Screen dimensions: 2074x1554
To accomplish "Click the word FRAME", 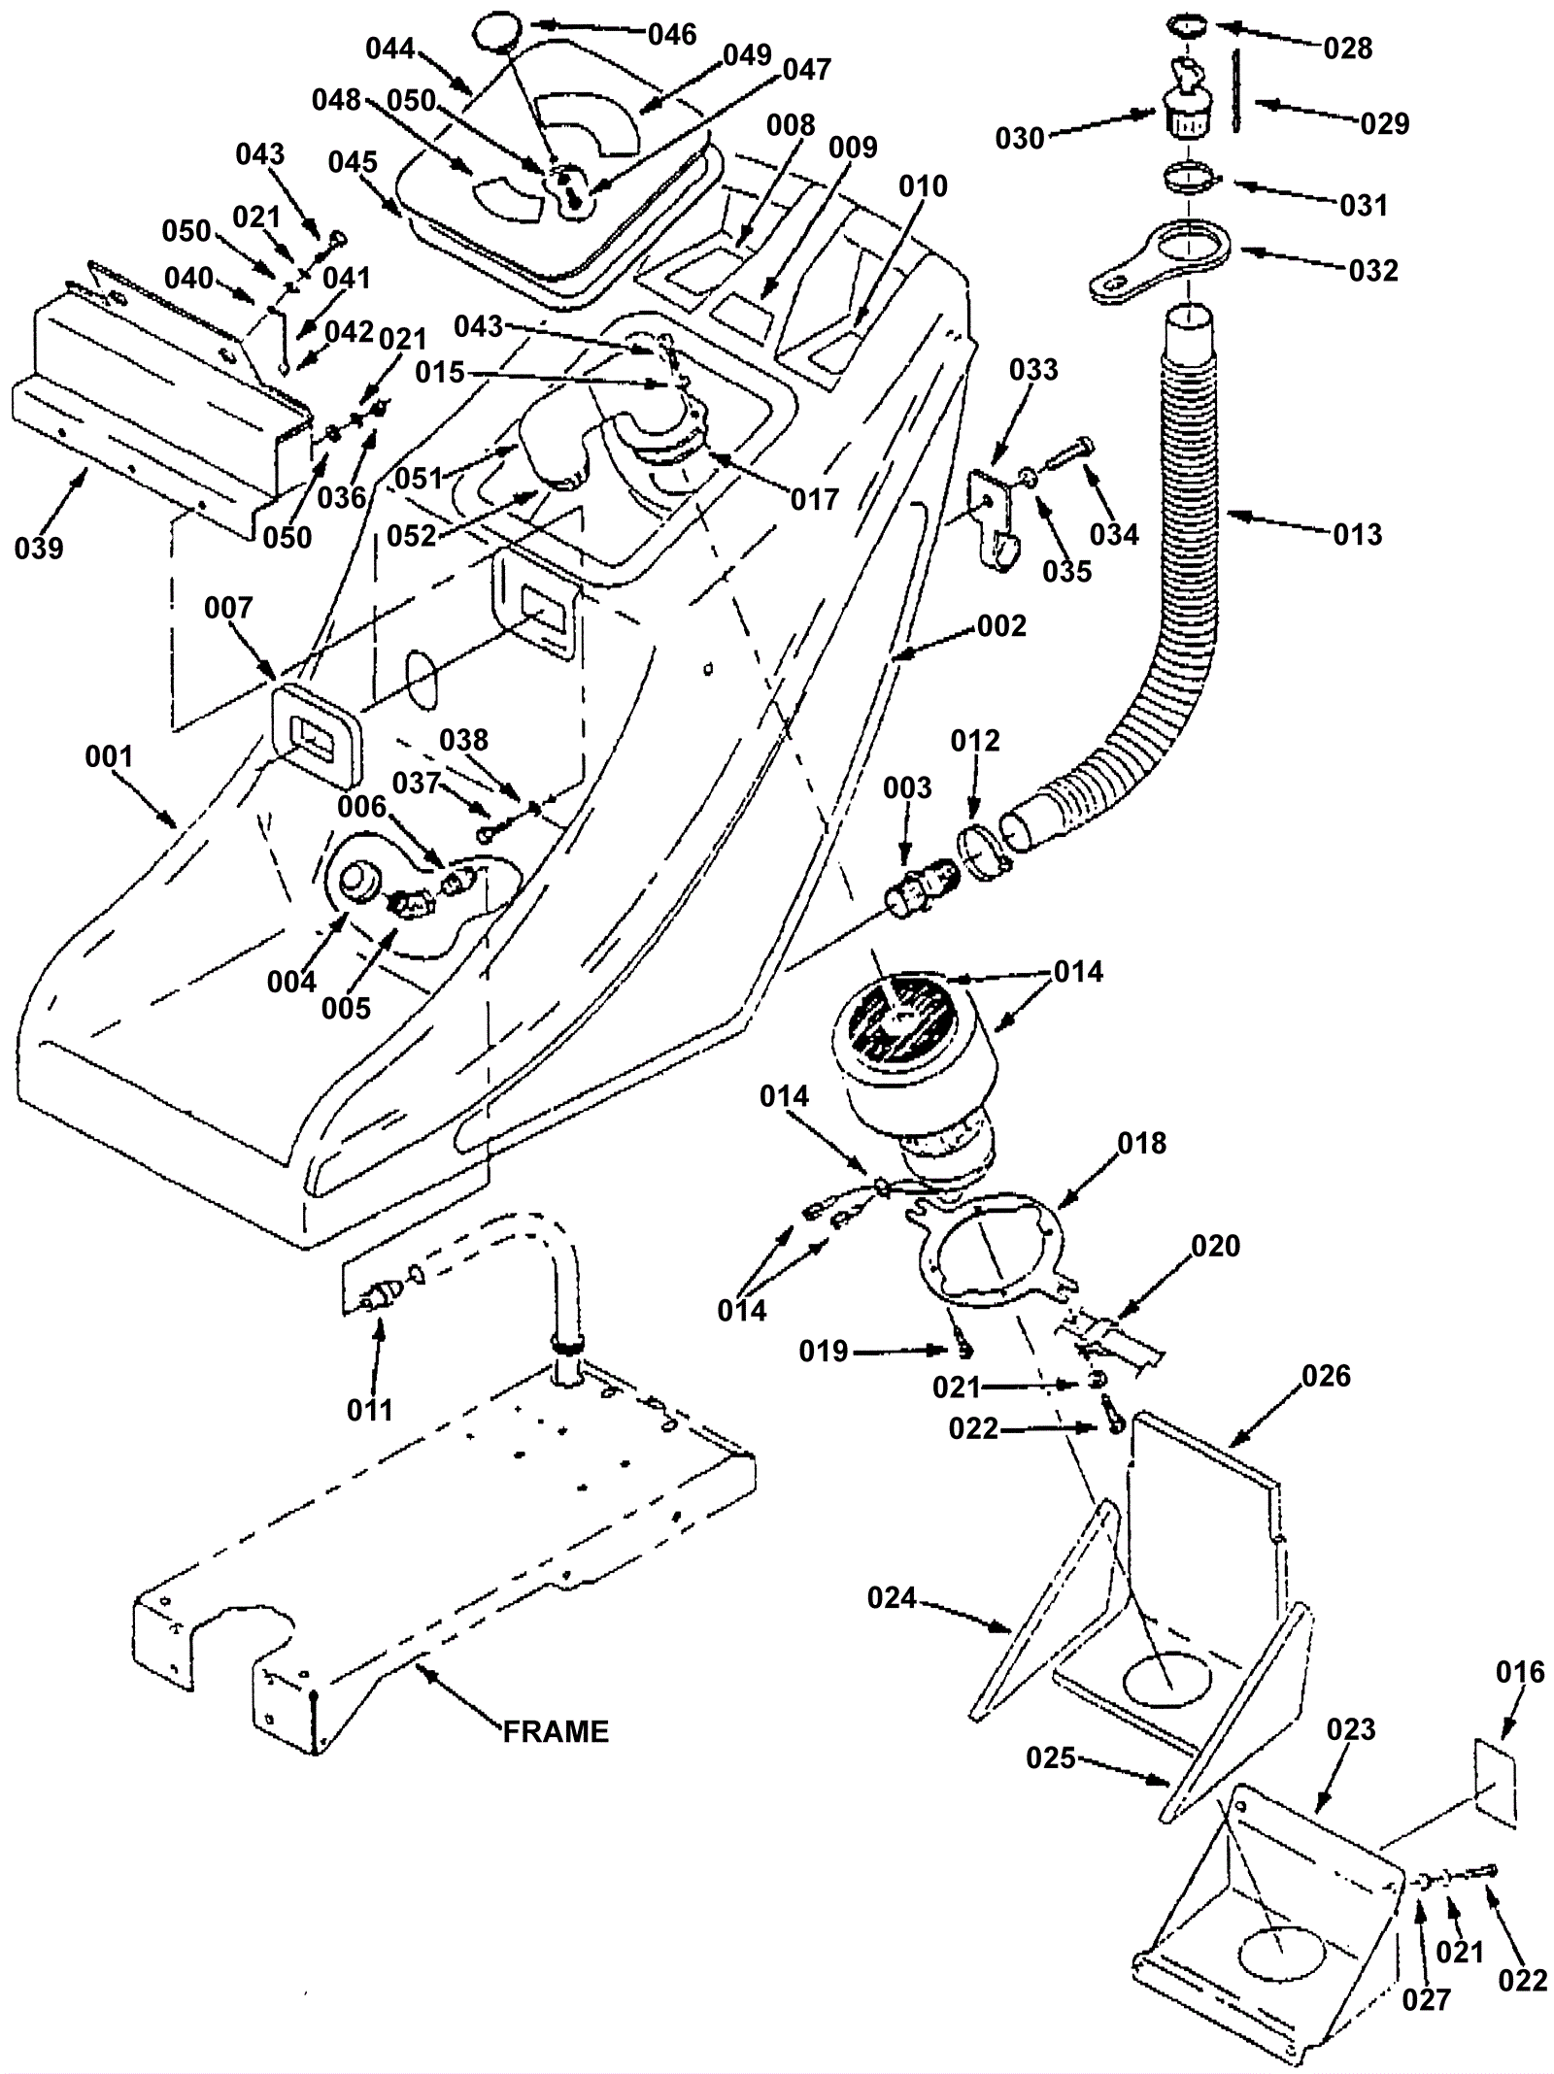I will coord(556,1732).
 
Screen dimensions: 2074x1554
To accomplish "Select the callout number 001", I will coord(109,756).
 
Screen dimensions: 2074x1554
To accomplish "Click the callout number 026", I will coord(1326,1376).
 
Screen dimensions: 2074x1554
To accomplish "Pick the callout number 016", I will coord(1520,1672).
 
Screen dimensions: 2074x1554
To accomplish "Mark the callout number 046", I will coord(672,35).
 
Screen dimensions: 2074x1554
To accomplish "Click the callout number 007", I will coord(228,608).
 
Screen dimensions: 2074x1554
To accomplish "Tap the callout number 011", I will coord(370,1410).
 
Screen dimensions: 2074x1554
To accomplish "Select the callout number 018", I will coord(1141,1143).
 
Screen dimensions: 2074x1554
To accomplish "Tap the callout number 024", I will coord(892,1596).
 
